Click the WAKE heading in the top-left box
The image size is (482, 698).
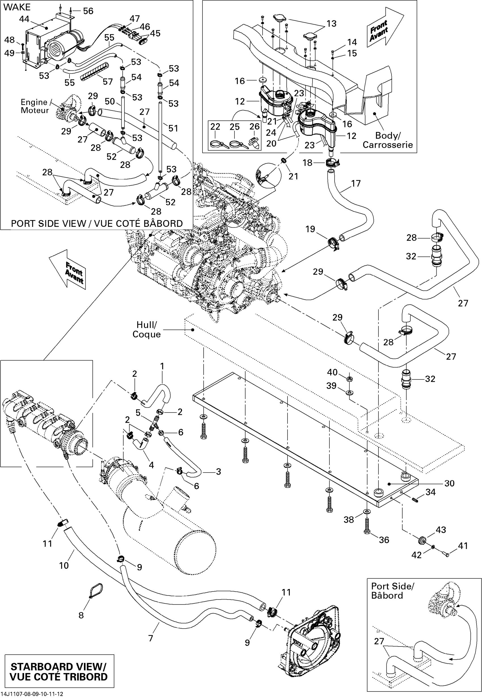click(x=17, y=7)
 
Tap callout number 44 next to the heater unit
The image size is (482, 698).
click(x=24, y=19)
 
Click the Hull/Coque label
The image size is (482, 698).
click(x=147, y=329)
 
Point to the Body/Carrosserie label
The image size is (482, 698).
click(x=388, y=140)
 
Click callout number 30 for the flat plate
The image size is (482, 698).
click(x=449, y=483)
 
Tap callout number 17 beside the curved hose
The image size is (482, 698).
click(x=356, y=183)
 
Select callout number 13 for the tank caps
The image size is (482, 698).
click(x=331, y=24)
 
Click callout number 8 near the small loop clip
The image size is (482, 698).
click(x=81, y=615)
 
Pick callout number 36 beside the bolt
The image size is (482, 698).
click(x=384, y=540)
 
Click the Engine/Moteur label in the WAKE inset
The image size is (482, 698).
click(x=34, y=106)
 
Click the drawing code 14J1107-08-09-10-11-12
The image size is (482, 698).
click(x=32, y=694)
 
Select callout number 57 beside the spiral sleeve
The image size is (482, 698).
click(x=107, y=82)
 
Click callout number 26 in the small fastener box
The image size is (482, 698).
click(x=254, y=127)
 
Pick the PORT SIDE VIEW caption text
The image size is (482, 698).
click(x=97, y=223)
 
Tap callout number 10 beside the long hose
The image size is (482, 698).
click(x=64, y=565)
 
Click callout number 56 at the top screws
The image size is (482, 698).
click(x=88, y=11)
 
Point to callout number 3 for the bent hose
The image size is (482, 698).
click(x=218, y=471)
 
